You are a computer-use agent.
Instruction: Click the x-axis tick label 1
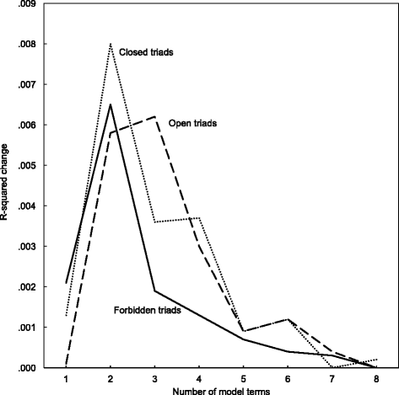(65, 380)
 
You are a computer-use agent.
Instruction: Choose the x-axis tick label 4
(197, 380)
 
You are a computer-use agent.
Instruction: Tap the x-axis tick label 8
(374, 380)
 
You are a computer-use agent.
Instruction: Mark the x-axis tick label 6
(286, 380)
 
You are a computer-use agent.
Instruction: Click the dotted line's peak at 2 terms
(110, 44)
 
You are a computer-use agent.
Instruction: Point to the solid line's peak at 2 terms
(110, 104)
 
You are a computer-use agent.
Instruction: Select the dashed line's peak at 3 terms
(154, 116)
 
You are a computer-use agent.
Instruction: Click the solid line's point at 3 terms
(154, 291)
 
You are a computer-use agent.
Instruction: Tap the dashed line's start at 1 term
(65, 365)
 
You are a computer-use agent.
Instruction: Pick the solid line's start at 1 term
(65, 283)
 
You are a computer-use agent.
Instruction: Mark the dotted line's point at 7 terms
(330, 367)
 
